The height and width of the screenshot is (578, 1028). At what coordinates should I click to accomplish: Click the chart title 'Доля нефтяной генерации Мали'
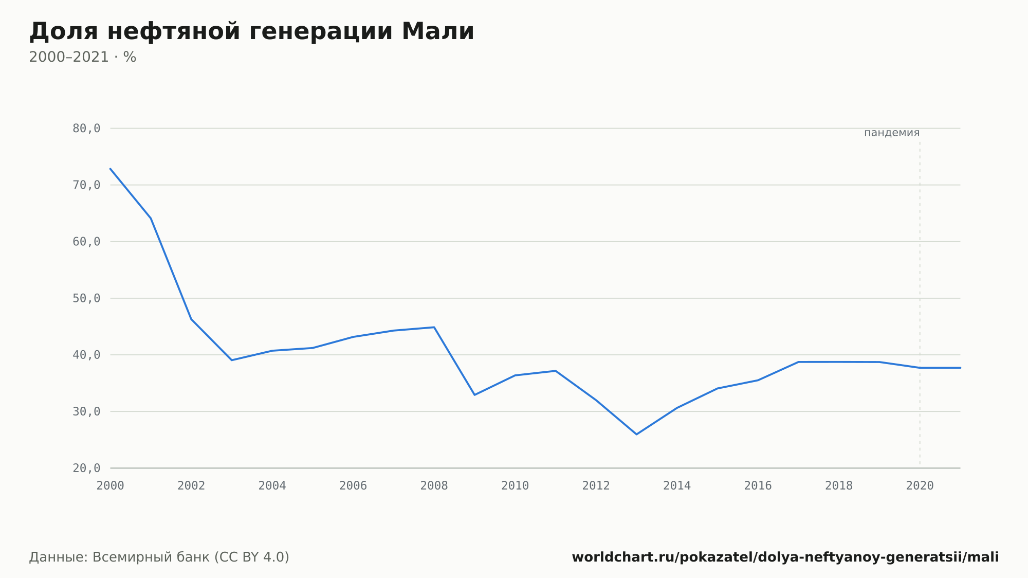(251, 32)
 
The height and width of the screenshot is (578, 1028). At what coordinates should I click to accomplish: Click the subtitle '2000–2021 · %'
(82, 57)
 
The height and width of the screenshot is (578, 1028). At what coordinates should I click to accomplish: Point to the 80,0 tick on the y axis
(86, 129)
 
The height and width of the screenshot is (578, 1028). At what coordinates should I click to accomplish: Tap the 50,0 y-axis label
(86, 298)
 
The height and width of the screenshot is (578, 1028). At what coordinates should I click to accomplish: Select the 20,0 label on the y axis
(86, 468)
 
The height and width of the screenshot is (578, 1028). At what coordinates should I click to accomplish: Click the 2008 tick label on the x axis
(434, 486)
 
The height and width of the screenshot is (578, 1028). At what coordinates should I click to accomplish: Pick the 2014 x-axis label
(677, 486)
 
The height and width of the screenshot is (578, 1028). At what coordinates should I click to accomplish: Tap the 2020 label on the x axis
(920, 486)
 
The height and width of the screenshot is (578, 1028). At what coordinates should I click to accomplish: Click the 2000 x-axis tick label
(111, 486)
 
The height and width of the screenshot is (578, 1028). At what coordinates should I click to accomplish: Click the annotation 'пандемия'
(892, 133)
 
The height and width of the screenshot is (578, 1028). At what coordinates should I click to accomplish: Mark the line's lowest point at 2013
(636, 435)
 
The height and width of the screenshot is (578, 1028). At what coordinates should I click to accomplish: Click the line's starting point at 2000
(111, 169)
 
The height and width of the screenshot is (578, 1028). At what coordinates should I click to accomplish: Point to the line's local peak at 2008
(434, 327)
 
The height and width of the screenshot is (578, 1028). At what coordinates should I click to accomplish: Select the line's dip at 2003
(232, 360)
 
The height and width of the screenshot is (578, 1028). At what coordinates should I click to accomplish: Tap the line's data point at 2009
(474, 395)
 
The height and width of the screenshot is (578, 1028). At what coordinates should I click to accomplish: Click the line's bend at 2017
(798, 362)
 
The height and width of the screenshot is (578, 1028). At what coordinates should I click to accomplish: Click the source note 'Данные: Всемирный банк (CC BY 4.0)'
(159, 557)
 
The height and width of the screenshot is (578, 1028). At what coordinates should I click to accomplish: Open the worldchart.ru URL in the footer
(785, 557)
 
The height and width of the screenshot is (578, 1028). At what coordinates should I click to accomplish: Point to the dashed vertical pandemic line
(920, 303)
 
